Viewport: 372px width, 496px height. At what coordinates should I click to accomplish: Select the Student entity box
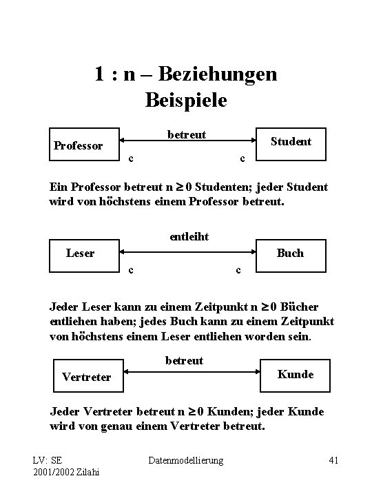289,143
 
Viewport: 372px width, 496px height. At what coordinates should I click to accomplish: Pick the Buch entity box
289,254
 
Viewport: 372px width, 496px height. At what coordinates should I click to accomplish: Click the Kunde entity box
294,374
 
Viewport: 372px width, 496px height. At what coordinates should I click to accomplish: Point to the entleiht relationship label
189,237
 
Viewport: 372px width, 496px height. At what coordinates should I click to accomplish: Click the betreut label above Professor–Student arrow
186,134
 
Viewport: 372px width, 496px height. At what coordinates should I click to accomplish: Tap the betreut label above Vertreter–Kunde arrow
185,360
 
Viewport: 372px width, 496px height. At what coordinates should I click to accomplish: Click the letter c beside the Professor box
131,158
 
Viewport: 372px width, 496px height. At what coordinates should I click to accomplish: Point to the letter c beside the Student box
241,158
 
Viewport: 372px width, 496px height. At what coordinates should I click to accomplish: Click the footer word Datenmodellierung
186,459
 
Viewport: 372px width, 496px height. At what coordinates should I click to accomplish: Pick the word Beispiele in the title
186,100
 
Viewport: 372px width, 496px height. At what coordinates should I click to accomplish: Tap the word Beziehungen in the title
221,73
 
